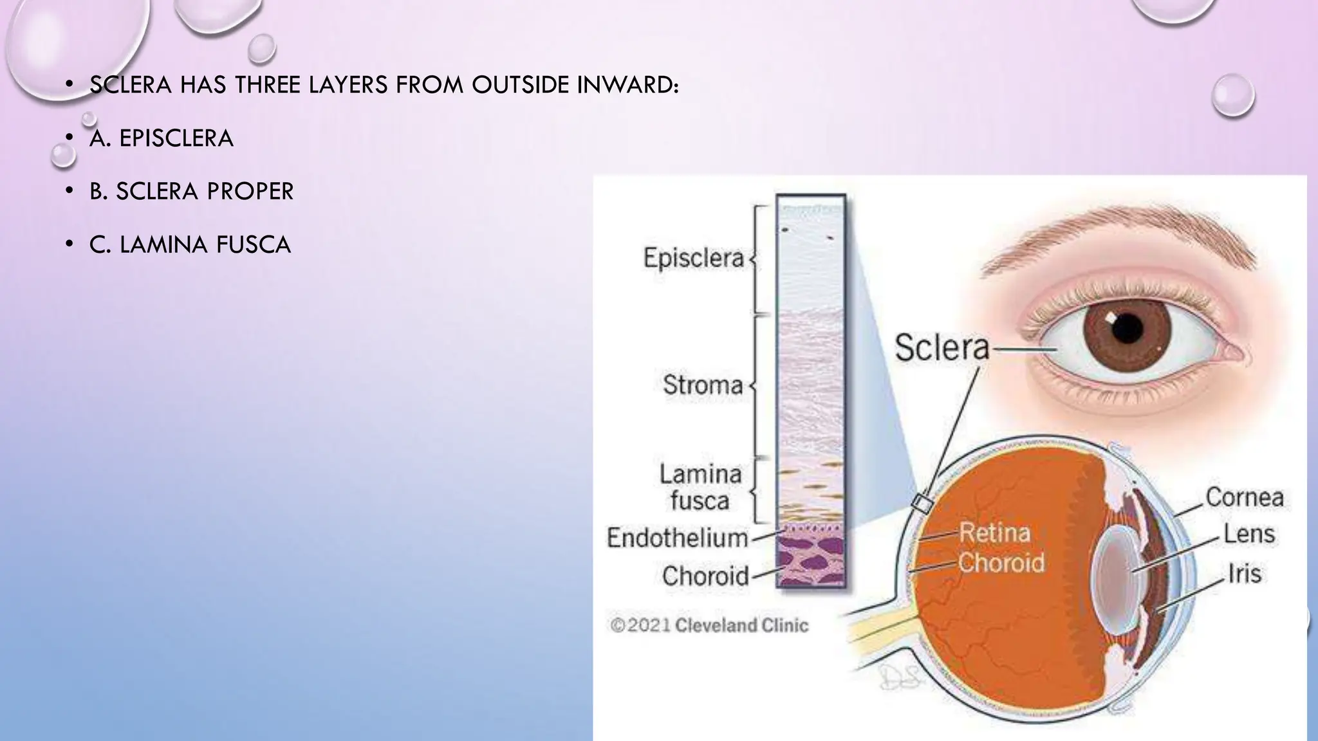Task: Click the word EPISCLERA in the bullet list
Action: tap(176, 138)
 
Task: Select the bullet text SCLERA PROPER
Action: tap(205, 191)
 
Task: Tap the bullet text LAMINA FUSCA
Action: tap(205, 244)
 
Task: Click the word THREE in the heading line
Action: tap(267, 85)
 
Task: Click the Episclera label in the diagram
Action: tap(693, 258)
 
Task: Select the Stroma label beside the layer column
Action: tap(703, 385)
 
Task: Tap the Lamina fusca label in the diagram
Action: tap(700, 487)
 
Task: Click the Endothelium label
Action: tap(677, 538)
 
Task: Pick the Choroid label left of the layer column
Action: tap(705, 576)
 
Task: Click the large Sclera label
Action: tap(942, 347)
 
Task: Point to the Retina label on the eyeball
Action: tap(994, 533)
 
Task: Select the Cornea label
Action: tap(1244, 497)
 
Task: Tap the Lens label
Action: tap(1248, 534)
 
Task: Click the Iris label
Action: tap(1244, 573)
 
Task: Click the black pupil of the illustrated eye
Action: tap(1127, 328)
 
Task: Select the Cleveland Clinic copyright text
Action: tap(709, 625)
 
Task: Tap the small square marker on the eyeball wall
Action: tap(922, 504)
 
